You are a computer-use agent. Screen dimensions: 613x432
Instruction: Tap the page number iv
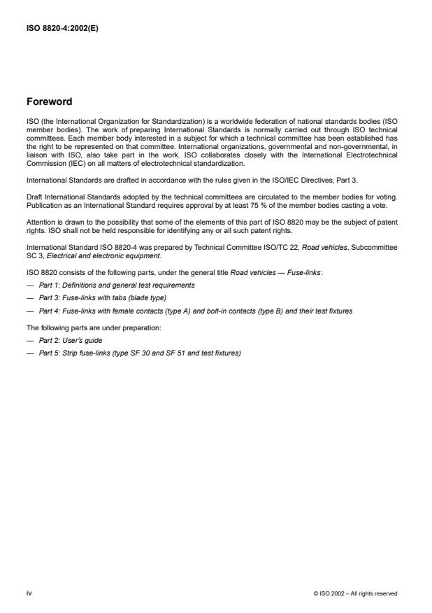coord(29,593)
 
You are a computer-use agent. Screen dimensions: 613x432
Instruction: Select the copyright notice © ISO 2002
coord(356,593)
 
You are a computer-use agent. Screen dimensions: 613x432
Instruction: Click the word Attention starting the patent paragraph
coord(41,222)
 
